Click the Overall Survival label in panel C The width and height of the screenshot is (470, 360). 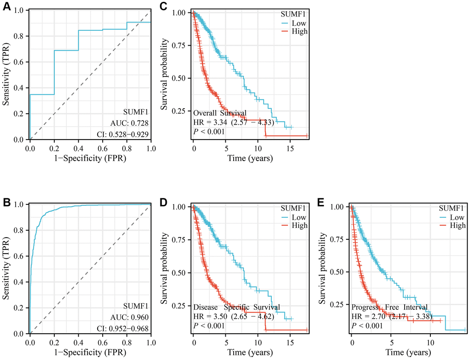tap(220, 113)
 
